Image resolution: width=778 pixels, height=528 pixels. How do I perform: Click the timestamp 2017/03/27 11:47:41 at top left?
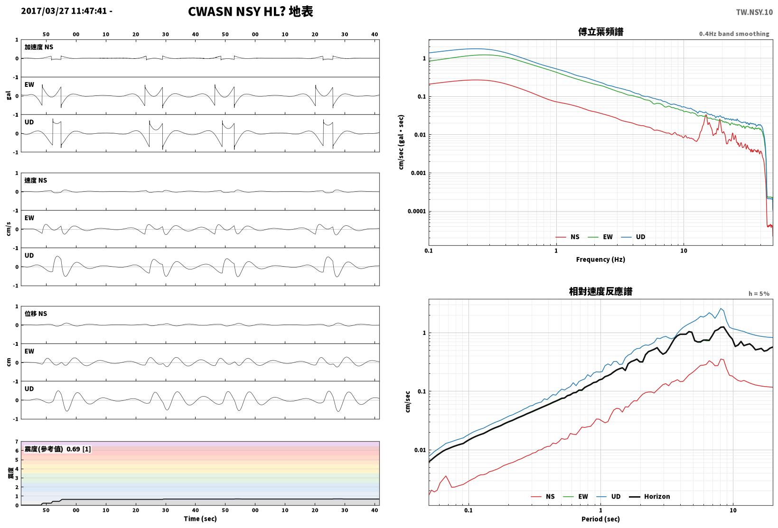click(x=64, y=11)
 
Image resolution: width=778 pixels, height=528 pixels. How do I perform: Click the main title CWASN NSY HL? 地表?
click(x=251, y=11)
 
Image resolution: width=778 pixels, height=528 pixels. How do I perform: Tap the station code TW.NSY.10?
click(x=754, y=12)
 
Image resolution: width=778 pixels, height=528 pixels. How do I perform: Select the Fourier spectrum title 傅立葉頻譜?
click(x=600, y=32)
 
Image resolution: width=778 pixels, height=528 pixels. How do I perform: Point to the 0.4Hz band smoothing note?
click(x=734, y=34)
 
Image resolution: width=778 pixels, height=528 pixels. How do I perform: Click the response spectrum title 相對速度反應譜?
click(x=600, y=291)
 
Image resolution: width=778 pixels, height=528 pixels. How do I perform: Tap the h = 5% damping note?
click(x=759, y=294)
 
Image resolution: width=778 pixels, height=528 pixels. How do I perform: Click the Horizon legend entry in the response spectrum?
click(x=650, y=496)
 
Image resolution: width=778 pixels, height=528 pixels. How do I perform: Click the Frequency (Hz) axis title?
click(x=600, y=259)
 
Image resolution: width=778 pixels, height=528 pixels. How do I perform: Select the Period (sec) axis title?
click(x=600, y=519)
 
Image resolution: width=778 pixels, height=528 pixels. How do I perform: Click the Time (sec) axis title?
click(x=200, y=519)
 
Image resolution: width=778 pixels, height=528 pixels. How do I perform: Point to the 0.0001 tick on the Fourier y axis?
click(x=416, y=211)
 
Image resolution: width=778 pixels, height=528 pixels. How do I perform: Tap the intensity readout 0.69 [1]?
click(x=78, y=449)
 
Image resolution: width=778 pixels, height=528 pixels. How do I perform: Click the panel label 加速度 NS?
click(x=38, y=47)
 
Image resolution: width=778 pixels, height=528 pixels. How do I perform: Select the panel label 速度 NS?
click(x=36, y=180)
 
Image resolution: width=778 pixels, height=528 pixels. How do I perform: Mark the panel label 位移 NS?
click(x=36, y=314)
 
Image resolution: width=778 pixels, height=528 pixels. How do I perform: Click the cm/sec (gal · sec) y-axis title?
click(x=401, y=142)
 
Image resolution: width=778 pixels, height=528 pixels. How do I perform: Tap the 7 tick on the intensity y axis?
click(x=17, y=442)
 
